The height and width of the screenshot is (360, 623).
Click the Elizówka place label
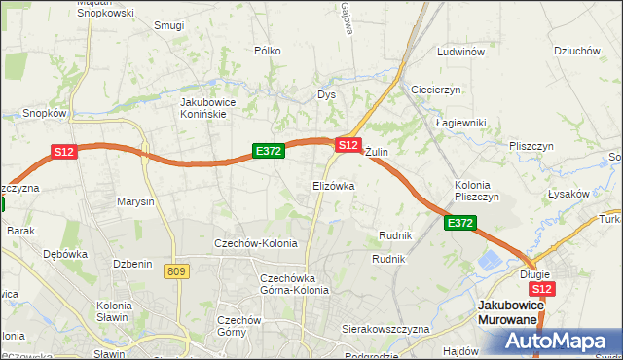(x=333, y=185)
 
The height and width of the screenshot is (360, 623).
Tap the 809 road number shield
(x=176, y=271)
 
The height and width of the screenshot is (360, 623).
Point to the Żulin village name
(x=377, y=153)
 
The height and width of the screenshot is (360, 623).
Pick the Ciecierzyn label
(x=435, y=89)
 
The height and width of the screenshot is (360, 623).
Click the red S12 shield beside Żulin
(x=348, y=144)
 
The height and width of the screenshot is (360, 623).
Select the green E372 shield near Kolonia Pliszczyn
(x=460, y=224)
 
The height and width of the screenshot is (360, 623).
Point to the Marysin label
(x=135, y=202)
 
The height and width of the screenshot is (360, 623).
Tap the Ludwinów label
(x=461, y=52)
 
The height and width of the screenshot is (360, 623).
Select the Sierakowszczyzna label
(x=385, y=330)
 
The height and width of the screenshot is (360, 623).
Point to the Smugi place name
(x=168, y=25)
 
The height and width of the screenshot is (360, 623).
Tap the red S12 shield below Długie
(x=542, y=289)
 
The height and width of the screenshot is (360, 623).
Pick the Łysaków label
(x=569, y=194)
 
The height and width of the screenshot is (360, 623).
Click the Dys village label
(x=326, y=95)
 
